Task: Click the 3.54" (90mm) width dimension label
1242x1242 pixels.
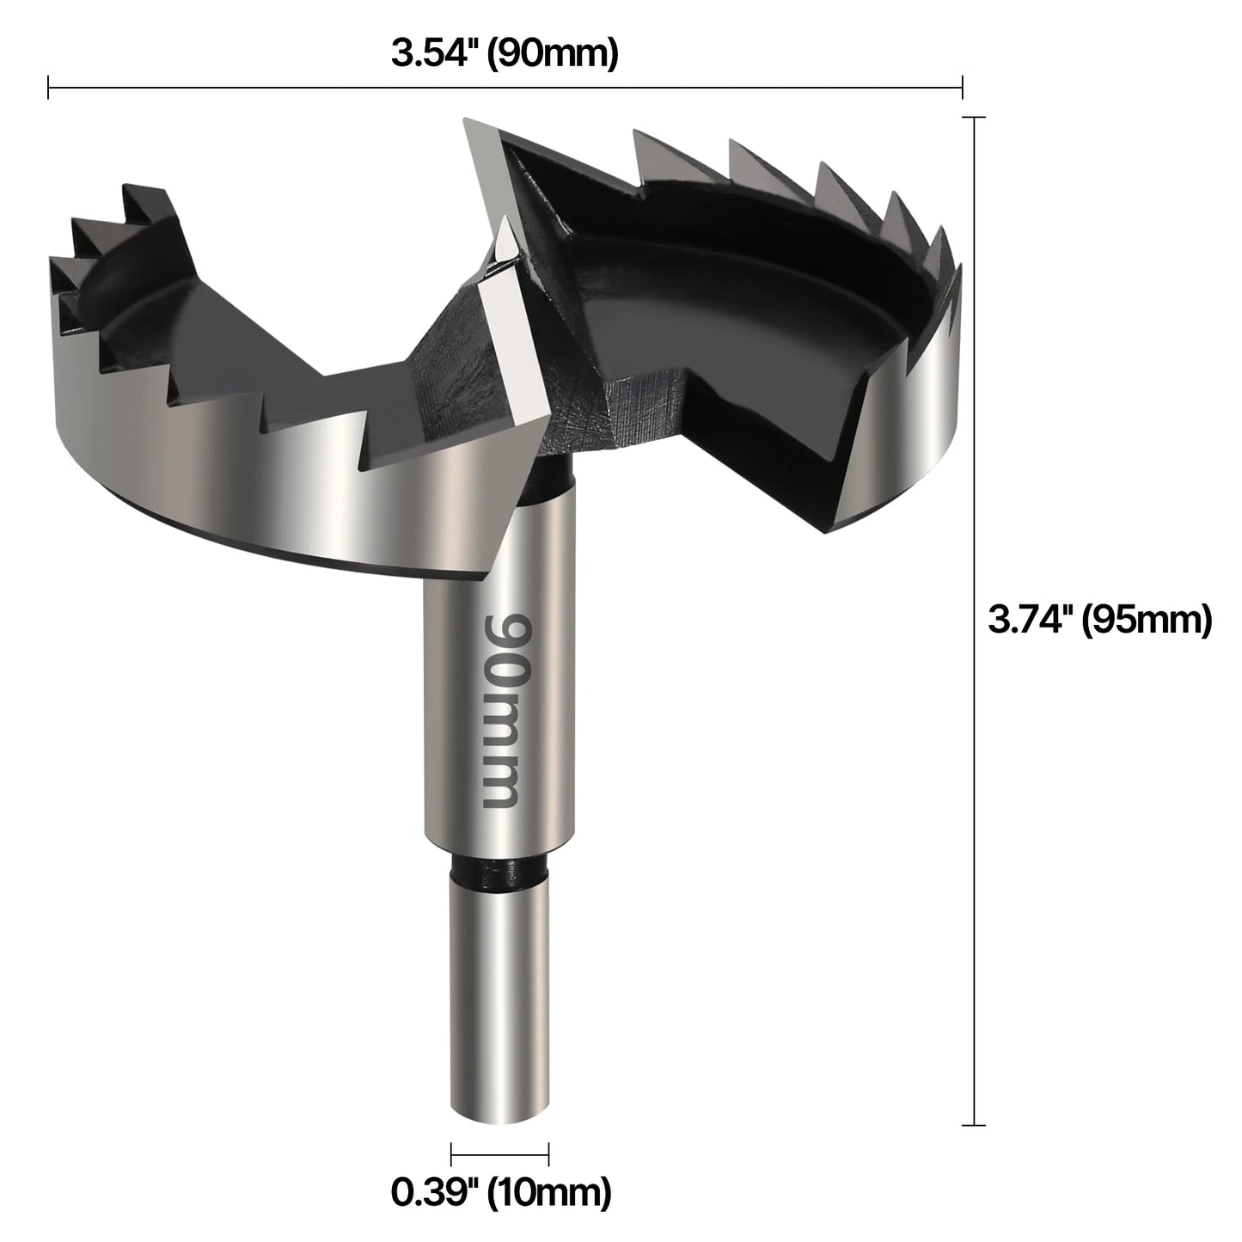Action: [505, 53]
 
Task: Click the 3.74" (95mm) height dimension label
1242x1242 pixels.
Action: [1099, 619]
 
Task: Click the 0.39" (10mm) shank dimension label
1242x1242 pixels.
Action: [501, 1192]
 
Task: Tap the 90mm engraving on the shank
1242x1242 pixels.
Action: [500, 709]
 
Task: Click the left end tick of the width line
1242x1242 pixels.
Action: [49, 87]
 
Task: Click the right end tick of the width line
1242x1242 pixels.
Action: [962, 87]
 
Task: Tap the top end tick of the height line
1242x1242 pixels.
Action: [973, 118]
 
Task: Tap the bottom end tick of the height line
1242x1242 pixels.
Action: [973, 1124]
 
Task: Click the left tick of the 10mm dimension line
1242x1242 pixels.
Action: [451, 1154]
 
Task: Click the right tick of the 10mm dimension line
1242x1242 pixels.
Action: [548, 1154]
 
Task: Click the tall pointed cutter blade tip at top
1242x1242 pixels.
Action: [468, 125]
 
